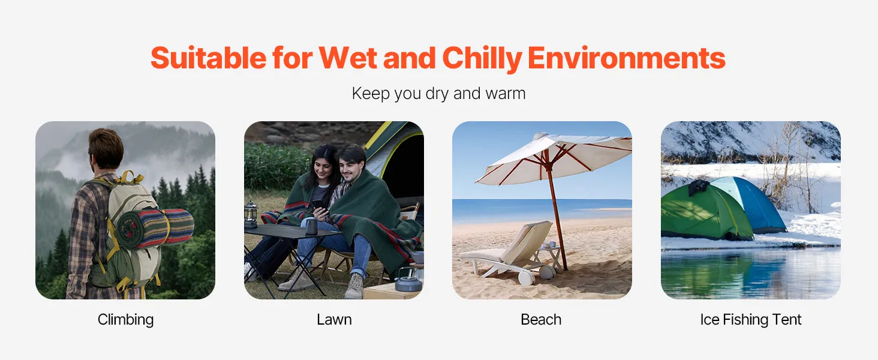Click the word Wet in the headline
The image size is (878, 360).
click(x=348, y=58)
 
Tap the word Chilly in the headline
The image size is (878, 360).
click(x=482, y=59)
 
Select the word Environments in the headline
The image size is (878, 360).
click(x=626, y=58)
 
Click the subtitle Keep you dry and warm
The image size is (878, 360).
click(x=438, y=94)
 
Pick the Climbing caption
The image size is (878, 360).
click(x=125, y=320)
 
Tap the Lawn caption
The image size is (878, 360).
click(x=334, y=320)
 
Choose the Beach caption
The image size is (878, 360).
click(x=541, y=320)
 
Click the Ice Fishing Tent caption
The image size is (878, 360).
click(x=751, y=320)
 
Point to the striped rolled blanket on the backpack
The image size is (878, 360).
click(x=155, y=228)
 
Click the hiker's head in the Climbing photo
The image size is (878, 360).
click(x=105, y=148)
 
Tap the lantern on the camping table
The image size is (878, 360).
click(x=251, y=214)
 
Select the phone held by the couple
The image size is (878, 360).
click(x=318, y=205)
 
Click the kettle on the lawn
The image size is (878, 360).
click(x=408, y=280)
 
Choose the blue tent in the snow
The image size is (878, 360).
click(x=751, y=205)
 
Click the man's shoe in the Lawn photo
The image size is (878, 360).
click(x=354, y=286)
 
